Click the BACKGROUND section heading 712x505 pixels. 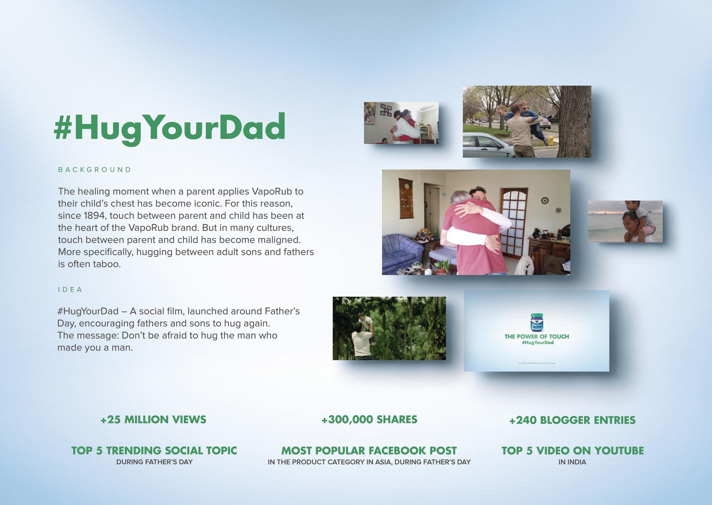(x=95, y=170)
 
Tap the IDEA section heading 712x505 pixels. (x=70, y=290)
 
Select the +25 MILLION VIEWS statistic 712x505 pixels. (x=153, y=419)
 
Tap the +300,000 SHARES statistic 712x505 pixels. (x=369, y=419)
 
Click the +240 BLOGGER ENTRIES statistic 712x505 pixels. (x=572, y=420)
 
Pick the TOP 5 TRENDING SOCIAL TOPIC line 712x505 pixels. (x=154, y=451)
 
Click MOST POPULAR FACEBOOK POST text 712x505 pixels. (x=369, y=451)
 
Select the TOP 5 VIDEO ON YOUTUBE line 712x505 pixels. (x=572, y=451)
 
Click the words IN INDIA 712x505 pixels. (x=572, y=462)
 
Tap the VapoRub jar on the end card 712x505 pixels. (x=537, y=322)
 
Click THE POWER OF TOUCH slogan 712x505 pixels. (x=536, y=336)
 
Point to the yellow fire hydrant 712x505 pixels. (x=551, y=141)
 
